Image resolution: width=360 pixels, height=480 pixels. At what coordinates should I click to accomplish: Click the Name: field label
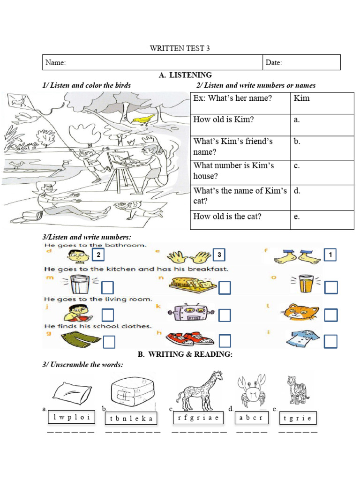tap(55, 62)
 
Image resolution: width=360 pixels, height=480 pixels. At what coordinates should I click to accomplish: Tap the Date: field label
tap(274, 62)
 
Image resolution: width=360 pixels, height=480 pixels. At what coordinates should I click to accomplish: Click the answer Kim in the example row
tap(301, 98)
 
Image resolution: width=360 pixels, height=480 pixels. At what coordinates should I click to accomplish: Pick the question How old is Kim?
tap(224, 120)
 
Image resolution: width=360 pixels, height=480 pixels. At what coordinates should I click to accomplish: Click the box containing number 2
tap(97, 255)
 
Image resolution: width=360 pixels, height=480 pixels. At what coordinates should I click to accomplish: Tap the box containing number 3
tap(219, 255)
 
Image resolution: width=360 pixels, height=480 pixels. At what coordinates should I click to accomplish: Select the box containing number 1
tap(330, 255)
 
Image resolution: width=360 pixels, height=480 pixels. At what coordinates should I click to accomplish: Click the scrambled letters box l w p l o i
tap(71, 417)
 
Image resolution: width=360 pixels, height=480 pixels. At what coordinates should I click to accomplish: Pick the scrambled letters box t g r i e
tap(298, 418)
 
